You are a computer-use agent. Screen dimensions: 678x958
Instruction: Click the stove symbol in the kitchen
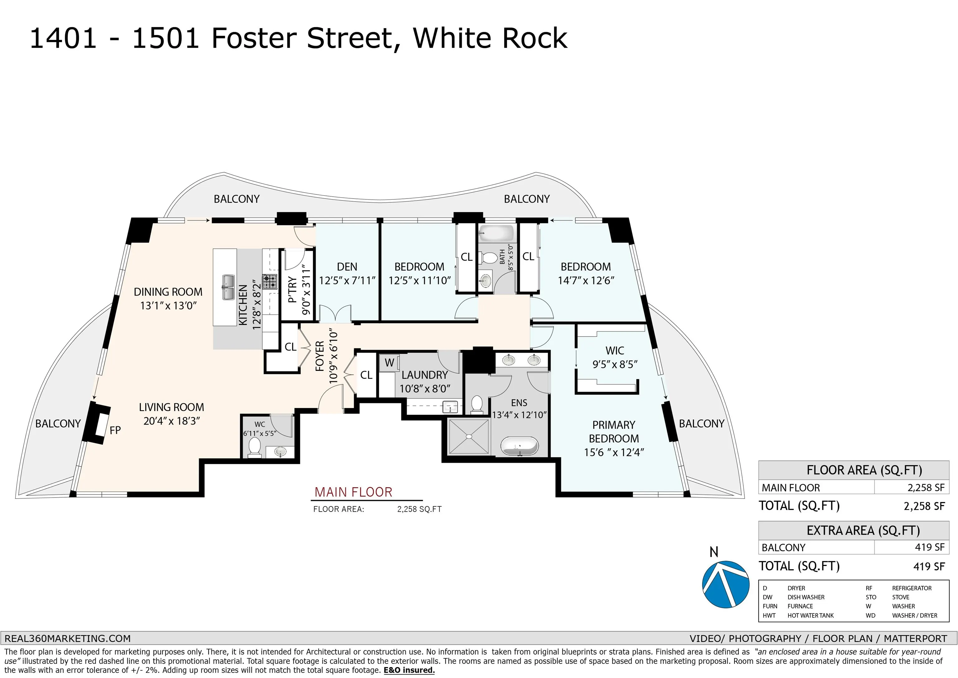(x=269, y=282)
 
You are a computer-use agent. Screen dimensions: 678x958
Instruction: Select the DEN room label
(x=347, y=267)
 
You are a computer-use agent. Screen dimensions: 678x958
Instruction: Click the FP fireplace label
(x=115, y=430)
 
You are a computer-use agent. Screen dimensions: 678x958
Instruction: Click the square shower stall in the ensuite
(x=468, y=436)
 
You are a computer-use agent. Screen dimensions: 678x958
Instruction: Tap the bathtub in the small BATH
(x=496, y=232)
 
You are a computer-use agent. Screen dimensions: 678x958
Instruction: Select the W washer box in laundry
(x=389, y=363)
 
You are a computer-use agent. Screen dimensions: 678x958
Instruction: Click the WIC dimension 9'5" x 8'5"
(x=615, y=364)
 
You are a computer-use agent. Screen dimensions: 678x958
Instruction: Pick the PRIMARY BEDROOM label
(x=613, y=431)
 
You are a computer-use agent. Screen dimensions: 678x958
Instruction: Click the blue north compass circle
(x=726, y=584)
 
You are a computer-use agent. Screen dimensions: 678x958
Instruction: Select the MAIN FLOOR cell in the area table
(x=790, y=488)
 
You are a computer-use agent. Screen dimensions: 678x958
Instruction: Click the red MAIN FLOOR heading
(x=353, y=492)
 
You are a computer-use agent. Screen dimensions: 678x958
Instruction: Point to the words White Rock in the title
(x=490, y=38)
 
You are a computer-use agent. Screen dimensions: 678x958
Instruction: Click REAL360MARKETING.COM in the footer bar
(x=68, y=638)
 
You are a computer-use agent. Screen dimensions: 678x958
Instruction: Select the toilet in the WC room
(x=254, y=447)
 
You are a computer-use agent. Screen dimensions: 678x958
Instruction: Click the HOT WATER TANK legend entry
(x=810, y=615)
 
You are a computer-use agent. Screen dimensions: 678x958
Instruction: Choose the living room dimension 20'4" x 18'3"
(x=172, y=421)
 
